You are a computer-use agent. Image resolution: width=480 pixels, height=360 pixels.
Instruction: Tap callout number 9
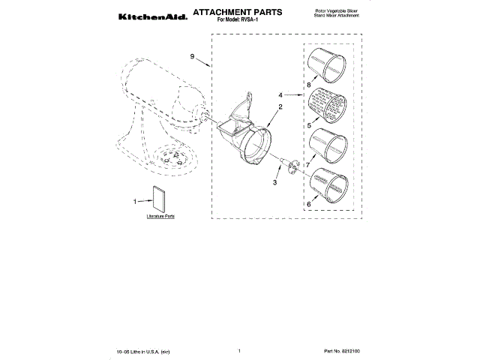click(x=193, y=57)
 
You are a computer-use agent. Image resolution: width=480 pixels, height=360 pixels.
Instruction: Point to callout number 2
click(x=280, y=107)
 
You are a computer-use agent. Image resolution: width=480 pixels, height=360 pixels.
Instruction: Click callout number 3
click(x=274, y=182)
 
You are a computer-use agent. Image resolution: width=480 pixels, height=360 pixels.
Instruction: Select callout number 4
click(x=280, y=96)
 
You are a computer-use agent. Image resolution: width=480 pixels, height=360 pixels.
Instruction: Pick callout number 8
click(x=307, y=86)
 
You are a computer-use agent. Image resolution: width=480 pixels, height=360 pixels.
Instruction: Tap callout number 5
click(x=307, y=127)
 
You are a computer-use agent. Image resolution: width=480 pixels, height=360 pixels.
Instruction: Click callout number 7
click(x=308, y=164)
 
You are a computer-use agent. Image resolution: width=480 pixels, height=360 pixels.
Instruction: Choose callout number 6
click(x=308, y=204)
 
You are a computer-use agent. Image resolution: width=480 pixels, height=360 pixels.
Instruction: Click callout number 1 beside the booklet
click(x=135, y=201)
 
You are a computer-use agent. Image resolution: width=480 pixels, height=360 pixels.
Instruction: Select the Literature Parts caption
click(x=160, y=216)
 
